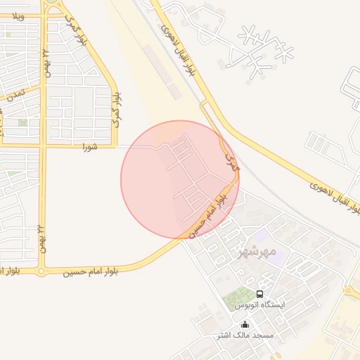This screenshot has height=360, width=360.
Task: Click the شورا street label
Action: (x=89, y=147)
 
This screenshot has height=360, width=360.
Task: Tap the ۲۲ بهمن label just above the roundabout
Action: (x=41, y=238)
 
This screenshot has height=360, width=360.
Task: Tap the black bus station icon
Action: (x=260, y=294)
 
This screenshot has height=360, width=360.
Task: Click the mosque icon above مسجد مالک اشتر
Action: (x=245, y=325)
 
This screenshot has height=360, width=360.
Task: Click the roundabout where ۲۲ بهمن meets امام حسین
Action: (x=41, y=271)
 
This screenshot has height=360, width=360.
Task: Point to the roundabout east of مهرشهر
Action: (x=349, y=291)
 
